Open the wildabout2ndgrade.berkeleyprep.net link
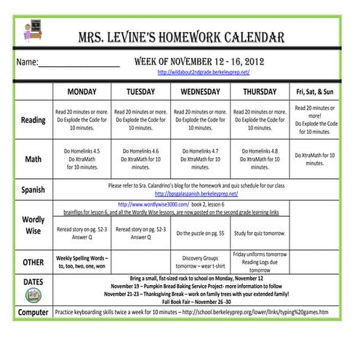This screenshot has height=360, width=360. click(x=204, y=73)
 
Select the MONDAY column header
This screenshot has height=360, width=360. click(x=82, y=92)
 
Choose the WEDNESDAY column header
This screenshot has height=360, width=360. click(x=200, y=92)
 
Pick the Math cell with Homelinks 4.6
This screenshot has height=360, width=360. click(x=140, y=159)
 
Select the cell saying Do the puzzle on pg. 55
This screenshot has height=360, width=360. click(x=200, y=233)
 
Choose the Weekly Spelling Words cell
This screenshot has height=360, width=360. click(x=82, y=262)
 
